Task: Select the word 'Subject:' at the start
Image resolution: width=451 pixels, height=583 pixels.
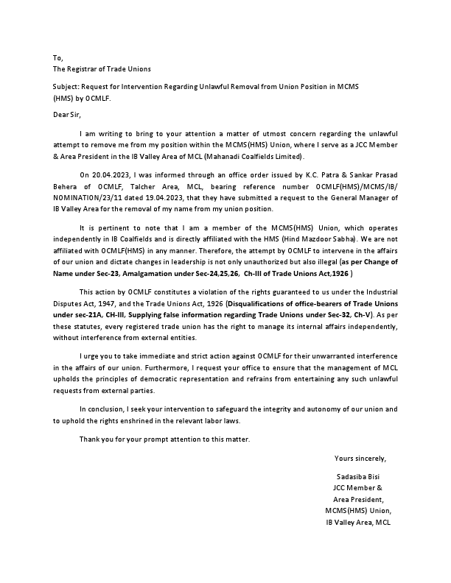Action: (x=67, y=87)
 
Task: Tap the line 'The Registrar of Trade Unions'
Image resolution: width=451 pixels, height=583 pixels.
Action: (x=102, y=69)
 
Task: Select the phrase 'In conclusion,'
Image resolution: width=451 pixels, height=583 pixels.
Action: (x=102, y=408)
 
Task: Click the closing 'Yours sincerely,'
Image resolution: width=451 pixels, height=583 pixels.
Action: (x=360, y=459)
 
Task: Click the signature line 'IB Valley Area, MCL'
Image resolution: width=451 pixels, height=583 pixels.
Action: (x=358, y=522)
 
